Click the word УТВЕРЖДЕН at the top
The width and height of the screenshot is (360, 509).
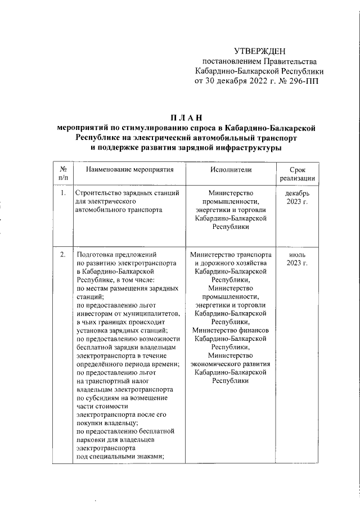pos(259,51)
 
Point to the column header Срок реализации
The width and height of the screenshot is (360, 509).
pos(297,174)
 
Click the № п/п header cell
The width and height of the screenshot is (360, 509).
pos(63,173)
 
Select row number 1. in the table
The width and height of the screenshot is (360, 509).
pos(63,194)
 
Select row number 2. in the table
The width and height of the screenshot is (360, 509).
pos(63,254)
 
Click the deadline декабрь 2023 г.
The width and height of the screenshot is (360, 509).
pos(297,199)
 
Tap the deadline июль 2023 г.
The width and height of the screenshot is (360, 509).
pos(297,259)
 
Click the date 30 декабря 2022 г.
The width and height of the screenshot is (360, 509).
pos(233,81)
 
